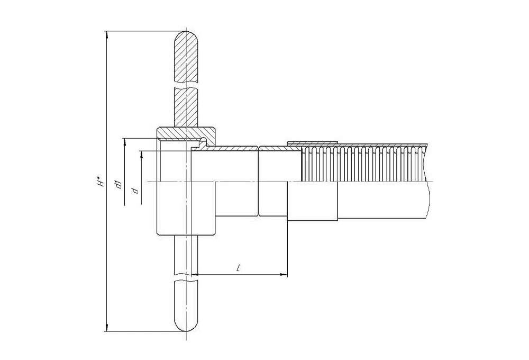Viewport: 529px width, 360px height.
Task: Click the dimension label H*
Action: pos(101,182)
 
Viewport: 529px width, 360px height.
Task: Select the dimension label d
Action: pos(135,191)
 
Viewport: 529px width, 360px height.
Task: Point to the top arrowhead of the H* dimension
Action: pos(107,35)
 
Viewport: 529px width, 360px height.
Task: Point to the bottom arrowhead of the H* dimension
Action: pos(107,328)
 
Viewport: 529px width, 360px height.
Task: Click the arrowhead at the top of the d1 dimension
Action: pos(125,142)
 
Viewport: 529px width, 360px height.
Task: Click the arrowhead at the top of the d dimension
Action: pos(142,155)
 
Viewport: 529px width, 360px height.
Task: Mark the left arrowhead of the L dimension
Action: pos(199,275)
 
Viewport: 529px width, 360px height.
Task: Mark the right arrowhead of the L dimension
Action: pos(284,275)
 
